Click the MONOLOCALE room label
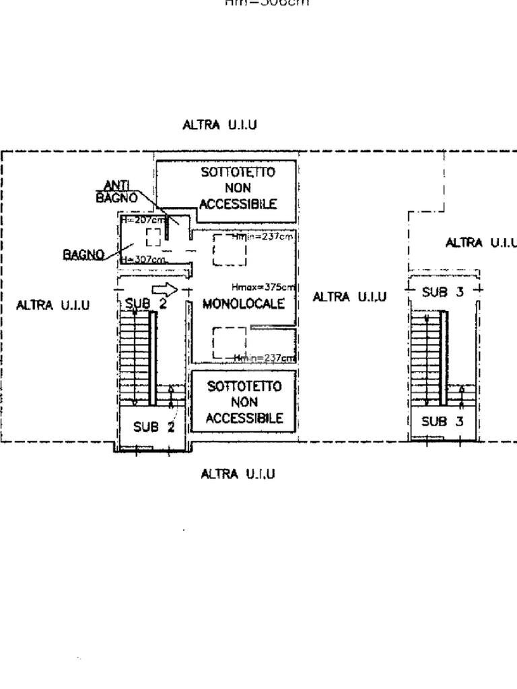[243, 303]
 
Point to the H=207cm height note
[142, 220]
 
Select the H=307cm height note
[143, 260]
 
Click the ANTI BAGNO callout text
[116, 192]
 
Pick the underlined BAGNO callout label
[83, 254]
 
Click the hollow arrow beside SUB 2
[164, 290]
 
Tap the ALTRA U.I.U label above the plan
[219, 125]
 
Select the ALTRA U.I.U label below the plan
[238, 474]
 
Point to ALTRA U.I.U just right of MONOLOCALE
[349, 297]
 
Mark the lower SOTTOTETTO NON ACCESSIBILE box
[244, 402]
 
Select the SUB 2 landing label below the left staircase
[153, 427]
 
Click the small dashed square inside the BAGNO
[153, 237]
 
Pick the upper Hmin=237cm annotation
[263, 237]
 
